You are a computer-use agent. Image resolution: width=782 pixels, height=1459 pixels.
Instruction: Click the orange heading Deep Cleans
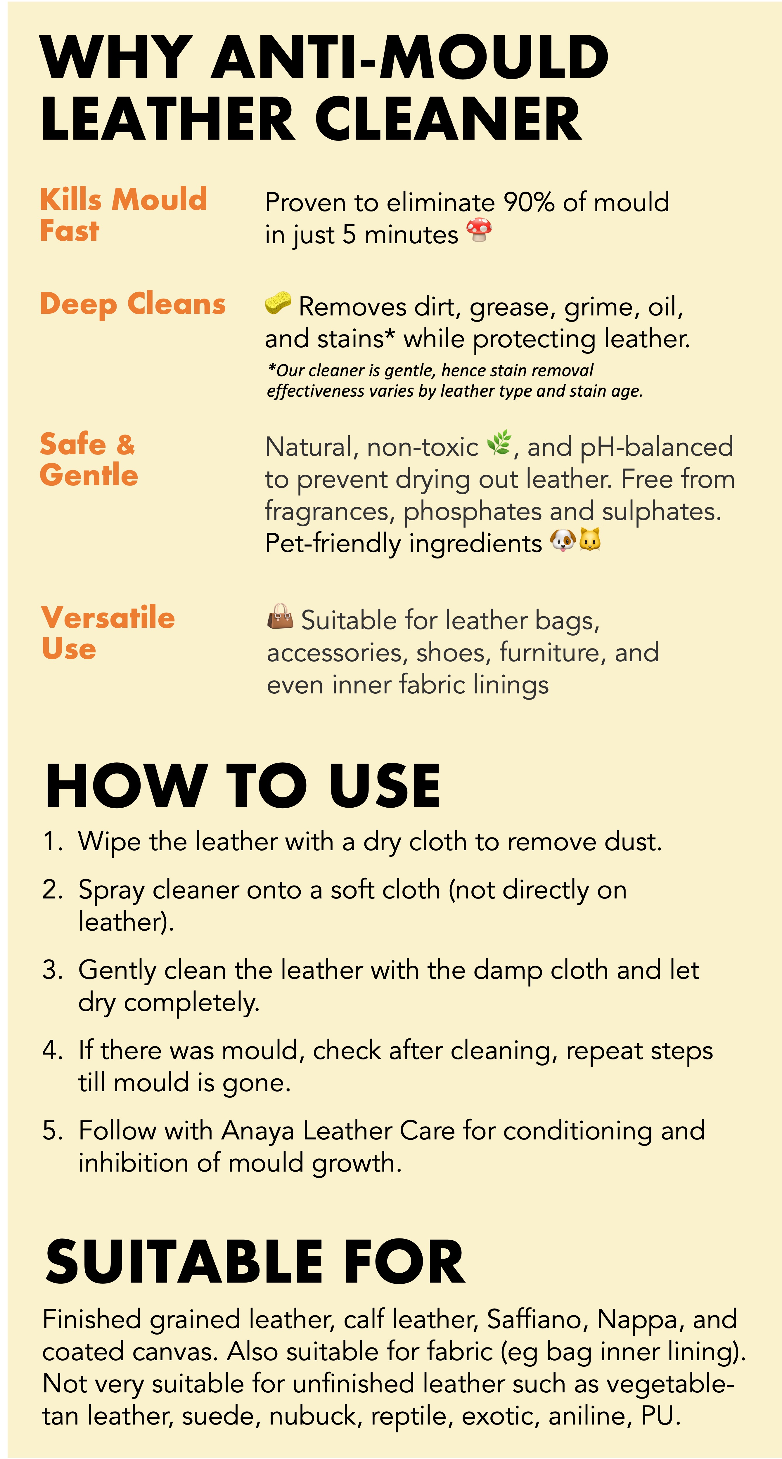133,304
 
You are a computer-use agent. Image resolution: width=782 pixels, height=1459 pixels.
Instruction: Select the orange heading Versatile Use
108,633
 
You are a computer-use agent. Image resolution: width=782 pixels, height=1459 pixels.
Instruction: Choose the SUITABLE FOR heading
255,1263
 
